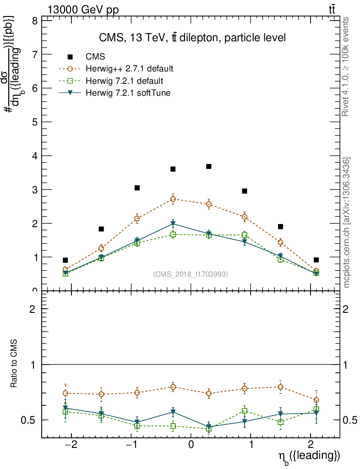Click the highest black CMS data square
point(209,166)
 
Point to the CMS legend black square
point(70,57)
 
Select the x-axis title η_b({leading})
point(309,456)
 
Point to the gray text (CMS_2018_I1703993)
point(191,274)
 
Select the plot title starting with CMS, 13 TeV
point(192,38)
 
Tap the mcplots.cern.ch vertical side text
point(347,223)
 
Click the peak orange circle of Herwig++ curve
point(173,199)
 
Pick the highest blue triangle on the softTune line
point(173,224)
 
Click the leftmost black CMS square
point(65,260)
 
